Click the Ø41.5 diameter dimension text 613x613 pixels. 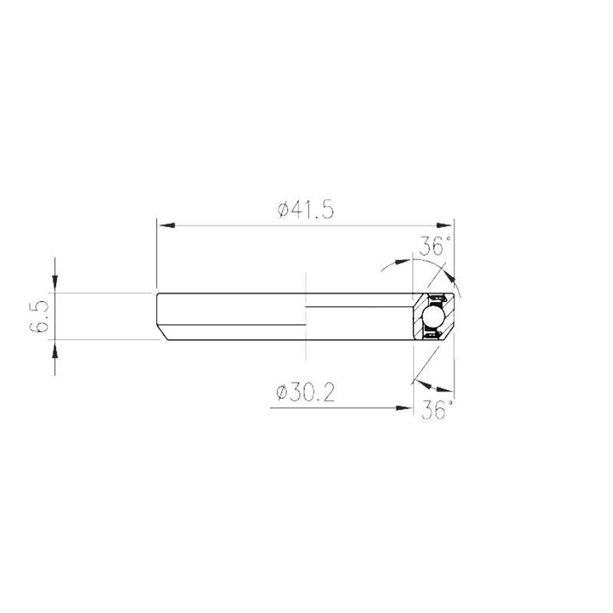click(306, 210)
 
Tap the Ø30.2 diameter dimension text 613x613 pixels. click(305, 393)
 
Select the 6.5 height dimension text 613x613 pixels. click(39, 316)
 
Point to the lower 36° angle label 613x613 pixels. click(438, 410)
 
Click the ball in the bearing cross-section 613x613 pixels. click(434, 316)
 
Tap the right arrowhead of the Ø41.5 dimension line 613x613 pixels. click(445, 225)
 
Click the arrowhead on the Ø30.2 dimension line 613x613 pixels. click(405, 408)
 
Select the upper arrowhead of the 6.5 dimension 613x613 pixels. click(55, 284)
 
